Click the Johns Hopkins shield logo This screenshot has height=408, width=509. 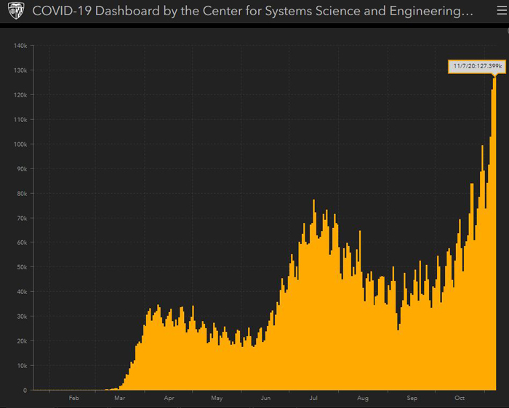click(x=16, y=11)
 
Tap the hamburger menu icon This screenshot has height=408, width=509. click(x=502, y=11)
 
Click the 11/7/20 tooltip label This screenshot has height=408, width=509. click(x=477, y=67)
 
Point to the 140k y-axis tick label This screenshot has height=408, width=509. click(x=20, y=46)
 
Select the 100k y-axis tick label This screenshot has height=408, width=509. click(x=20, y=144)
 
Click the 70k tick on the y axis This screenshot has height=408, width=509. click(x=22, y=218)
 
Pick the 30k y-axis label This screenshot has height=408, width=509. click(x=22, y=317)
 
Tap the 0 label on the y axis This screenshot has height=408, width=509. click(x=25, y=390)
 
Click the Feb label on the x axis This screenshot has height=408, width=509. click(x=73, y=398)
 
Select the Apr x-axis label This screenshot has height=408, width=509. click(x=169, y=398)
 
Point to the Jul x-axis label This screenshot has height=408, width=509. click(x=313, y=398)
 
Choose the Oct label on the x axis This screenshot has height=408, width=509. click(x=460, y=398)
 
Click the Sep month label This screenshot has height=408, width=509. click(x=412, y=398)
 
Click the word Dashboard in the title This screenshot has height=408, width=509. click(x=127, y=11)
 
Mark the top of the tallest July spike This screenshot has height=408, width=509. click(x=314, y=200)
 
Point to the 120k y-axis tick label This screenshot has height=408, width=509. click(x=20, y=95)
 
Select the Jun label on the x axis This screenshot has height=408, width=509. click(x=265, y=398)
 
